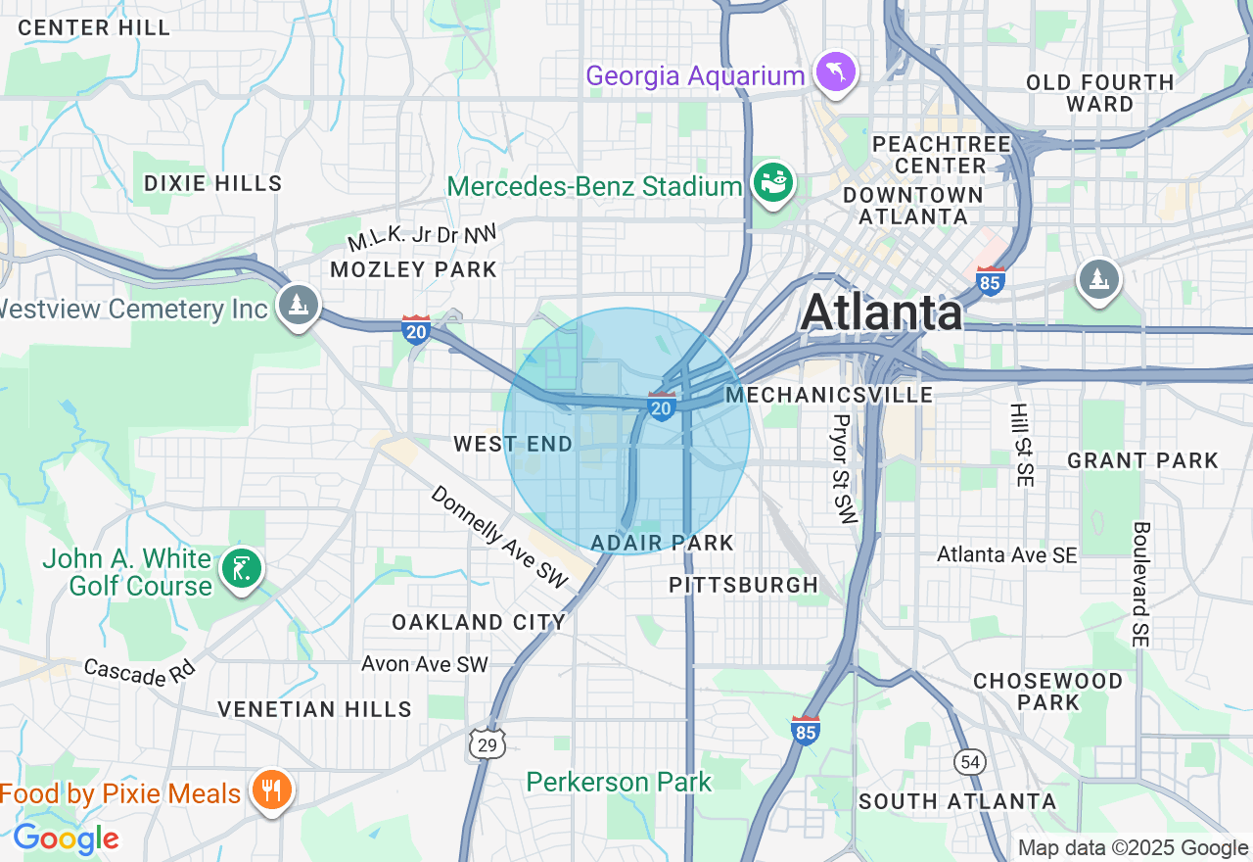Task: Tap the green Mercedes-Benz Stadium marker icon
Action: (x=772, y=183)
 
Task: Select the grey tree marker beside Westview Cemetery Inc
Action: (x=298, y=305)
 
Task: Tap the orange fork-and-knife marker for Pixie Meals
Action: (x=270, y=790)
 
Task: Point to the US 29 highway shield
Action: (x=487, y=744)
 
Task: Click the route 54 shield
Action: (x=969, y=761)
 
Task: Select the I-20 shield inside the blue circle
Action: (x=662, y=406)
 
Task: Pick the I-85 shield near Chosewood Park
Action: (x=805, y=730)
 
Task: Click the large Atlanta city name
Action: (x=881, y=313)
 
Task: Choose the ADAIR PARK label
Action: (x=662, y=543)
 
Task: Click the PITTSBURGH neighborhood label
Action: (x=743, y=585)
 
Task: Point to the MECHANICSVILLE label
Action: (x=828, y=395)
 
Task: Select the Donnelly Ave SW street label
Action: (x=499, y=537)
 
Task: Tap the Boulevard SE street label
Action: (x=1140, y=584)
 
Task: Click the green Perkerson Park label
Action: (x=619, y=782)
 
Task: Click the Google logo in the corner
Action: (x=66, y=838)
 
